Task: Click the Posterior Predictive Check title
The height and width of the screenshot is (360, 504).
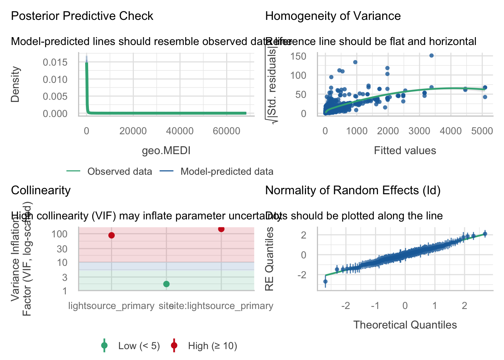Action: (x=82, y=16)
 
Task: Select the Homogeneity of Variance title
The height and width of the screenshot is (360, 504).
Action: (x=333, y=16)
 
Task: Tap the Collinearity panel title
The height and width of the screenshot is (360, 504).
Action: (x=41, y=190)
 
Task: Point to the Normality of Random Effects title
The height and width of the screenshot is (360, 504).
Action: (x=352, y=190)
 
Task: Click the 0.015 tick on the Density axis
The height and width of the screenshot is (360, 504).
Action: (x=55, y=62)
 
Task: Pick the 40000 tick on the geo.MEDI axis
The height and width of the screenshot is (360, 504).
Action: (x=180, y=131)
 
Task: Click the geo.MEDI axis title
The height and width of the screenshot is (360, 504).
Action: (x=166, y=151)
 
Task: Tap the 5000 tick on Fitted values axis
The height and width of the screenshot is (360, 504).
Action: (x=482, y=131)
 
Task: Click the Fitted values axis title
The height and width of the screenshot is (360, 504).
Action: (x=405, y=151)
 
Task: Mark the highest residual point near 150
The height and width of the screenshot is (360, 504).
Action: (x=431, y=55)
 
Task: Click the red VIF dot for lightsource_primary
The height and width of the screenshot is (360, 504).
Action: (x=111, y=235)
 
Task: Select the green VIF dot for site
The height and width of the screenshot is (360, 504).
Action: (x=166, y=284)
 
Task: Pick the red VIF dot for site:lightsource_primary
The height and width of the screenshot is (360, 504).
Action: (x=221, y=229)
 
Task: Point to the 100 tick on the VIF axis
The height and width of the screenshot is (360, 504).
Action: (x=60, y=234)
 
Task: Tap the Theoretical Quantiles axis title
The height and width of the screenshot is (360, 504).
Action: (x=405, y=325)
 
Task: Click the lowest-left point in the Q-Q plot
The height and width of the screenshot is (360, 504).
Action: (x=325, y=281)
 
